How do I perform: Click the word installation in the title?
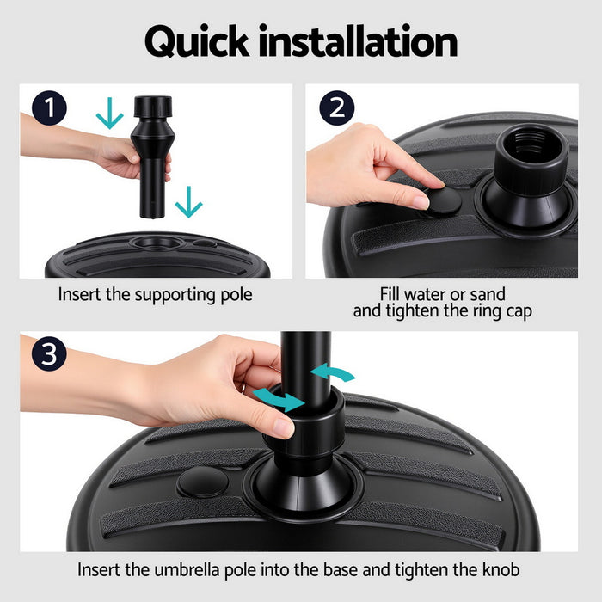(x=360, y=41)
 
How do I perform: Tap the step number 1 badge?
(x=51, y=110)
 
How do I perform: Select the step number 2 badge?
(x=336, y=110)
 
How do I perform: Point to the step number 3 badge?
(x=51, y=355)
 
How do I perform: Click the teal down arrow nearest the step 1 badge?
(x=109, y=114)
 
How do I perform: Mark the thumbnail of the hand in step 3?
(x=281, y=426)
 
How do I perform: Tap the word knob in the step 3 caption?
(x=501, y=569)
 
